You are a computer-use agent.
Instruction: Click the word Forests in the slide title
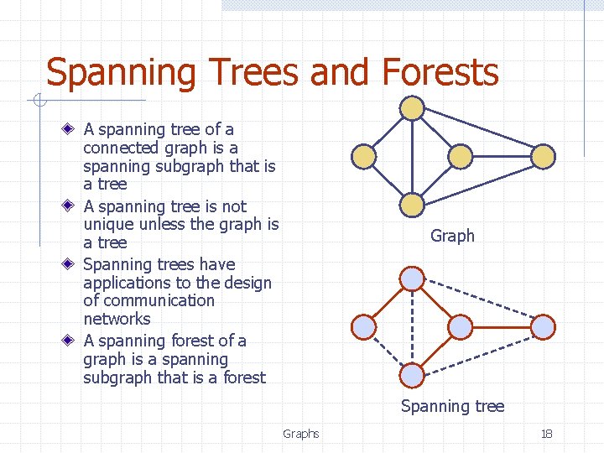(x=440, y=72)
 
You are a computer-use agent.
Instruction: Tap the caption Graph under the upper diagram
(x=452, y=236)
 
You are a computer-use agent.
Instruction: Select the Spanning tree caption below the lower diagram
(x=452, y=406)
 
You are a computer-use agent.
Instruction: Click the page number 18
(x=546, y=434)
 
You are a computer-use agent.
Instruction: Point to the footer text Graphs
(x=300, y=434)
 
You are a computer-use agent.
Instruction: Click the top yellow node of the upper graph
(x=411, y=108)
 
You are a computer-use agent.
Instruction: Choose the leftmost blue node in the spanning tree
(x=362, y=325)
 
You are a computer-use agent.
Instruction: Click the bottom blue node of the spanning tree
(x=411, y=374)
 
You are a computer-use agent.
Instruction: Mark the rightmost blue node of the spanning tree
(x=544, y=326)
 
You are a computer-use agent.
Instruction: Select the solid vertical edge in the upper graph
(x=411, y=156)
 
